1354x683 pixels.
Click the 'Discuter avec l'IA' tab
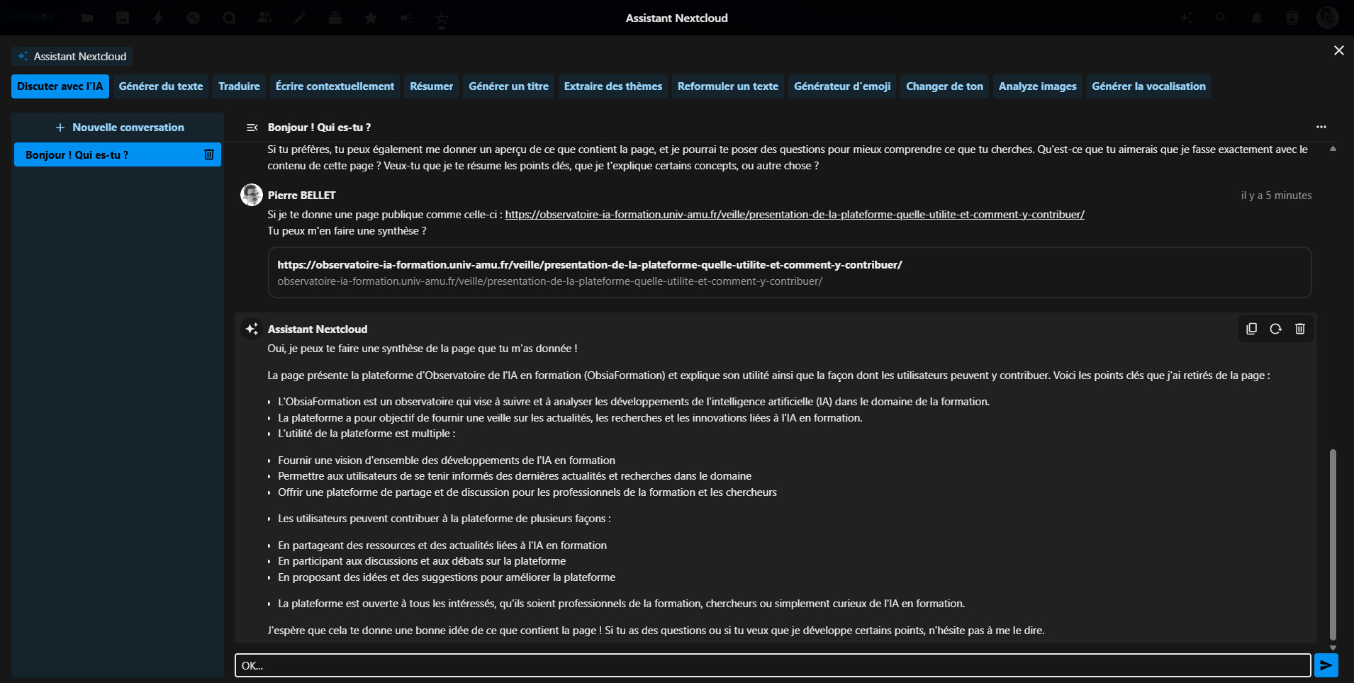(60, 86)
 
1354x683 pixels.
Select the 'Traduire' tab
(239, 86)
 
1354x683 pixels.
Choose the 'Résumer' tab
(431, 86)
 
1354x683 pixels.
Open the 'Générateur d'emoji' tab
(842, 86)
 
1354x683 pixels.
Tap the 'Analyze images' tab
(1037, 86)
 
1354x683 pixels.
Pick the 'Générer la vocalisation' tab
(1148, 86)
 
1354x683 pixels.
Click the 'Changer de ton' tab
(944, 86)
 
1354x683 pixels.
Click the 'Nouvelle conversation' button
(119, 128)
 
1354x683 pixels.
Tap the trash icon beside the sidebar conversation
(209, 154)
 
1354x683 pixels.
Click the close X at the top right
(1338, 50)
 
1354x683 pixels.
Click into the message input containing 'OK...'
(773, 665)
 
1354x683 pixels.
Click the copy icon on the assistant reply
(1251, 329)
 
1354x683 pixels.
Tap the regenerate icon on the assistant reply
(1275, 329)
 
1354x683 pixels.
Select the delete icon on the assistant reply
(1299, 329)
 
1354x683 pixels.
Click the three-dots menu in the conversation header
(1321, 127)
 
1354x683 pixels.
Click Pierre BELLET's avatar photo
(252, 195)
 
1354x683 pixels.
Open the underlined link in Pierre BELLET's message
(794, 215)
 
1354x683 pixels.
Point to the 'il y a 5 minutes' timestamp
(1276, 196)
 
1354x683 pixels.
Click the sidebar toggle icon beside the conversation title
(252, 128)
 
